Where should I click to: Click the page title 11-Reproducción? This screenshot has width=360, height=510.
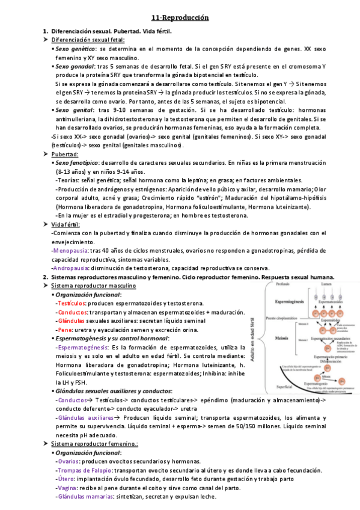click(x=180, y=18)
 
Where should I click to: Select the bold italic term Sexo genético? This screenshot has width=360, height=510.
click(x=76, y=48)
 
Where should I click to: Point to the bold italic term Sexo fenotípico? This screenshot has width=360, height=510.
click(x=78, y=163)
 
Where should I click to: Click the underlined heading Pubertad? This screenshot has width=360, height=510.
click(x=65, y=155)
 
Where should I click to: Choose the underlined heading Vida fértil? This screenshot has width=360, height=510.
click(x=66, y=224)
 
